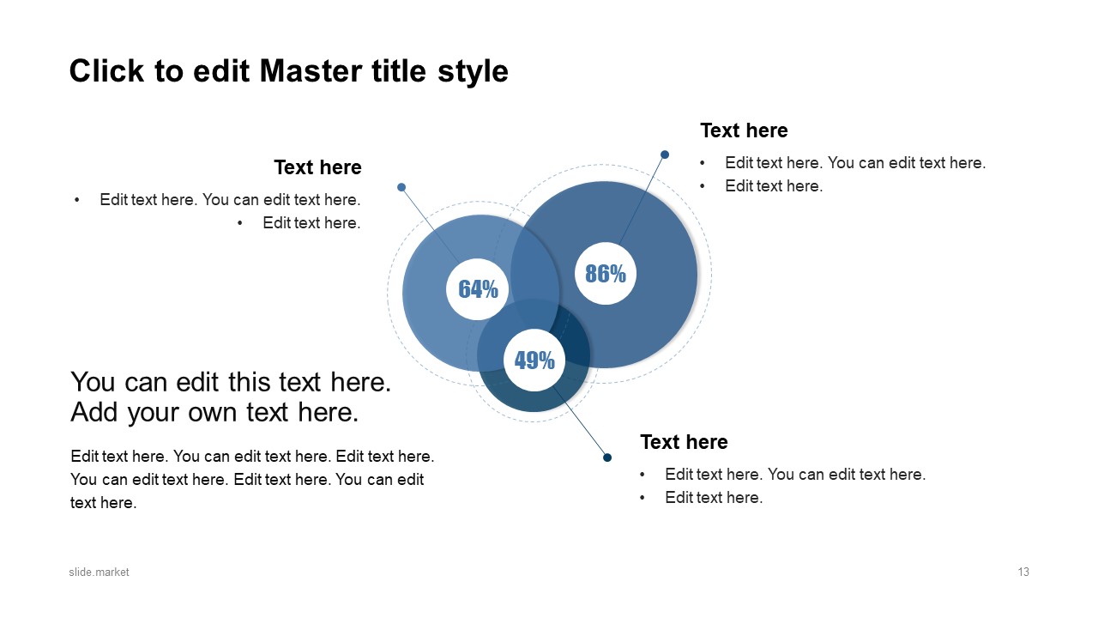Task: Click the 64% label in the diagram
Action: coord(478,289)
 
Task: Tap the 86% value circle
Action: coord(606,274)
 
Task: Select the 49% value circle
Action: coord(534,360)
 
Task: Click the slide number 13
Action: coord(1023,573)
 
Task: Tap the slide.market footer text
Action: coord(100,573)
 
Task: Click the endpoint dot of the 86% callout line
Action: coord(665,154)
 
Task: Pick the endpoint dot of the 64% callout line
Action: coord(401,187)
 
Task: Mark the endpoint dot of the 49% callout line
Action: coord(607,457)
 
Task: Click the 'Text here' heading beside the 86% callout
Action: coord(744,130)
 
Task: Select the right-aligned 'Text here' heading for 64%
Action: coord(317,167)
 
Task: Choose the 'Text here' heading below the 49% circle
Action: coord(684,442)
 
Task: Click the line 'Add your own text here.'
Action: coord(214,413)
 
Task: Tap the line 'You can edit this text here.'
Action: coord(231,382)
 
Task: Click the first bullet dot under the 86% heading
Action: coord(703,163)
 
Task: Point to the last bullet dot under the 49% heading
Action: coord(643,498)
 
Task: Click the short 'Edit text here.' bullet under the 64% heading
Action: coord(311,223)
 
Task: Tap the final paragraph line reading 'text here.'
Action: coord(104,503)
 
